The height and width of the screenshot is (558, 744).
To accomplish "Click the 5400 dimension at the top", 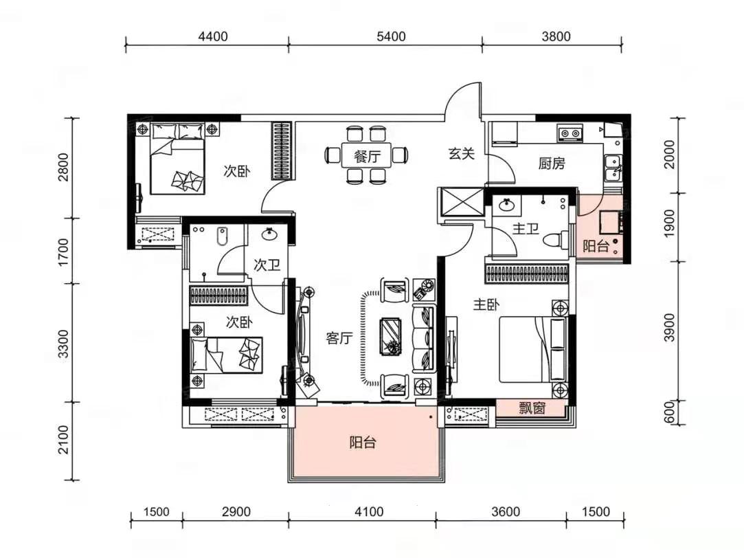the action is [391, 36].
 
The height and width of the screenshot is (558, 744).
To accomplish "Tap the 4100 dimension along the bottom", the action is [369, 512].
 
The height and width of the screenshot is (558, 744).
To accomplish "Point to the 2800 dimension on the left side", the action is [63, 166].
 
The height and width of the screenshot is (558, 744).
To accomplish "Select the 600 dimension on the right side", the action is [669, 413].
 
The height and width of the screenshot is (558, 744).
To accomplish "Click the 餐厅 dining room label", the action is [367, 155].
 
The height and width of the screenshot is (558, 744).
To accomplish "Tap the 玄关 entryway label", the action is [461, 153].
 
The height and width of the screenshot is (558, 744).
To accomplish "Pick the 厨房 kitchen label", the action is [552, 164].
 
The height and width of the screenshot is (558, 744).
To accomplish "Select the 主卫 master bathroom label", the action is [526, 229].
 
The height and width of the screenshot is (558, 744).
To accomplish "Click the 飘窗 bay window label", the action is [532, 408].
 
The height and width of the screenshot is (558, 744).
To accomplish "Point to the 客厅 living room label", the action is [339, 338].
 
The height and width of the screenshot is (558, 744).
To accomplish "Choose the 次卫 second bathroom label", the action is [267, 265].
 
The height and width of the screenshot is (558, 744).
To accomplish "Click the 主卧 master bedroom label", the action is [486, 304].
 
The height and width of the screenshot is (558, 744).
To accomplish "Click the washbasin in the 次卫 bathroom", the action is [269, 234].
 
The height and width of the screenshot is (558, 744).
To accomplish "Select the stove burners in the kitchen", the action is [570, 133].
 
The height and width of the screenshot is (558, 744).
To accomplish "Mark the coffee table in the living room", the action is [390, 335].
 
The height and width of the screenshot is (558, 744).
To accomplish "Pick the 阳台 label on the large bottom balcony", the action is [363, 443].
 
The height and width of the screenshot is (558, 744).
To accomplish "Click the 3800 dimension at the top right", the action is [556, 36].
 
